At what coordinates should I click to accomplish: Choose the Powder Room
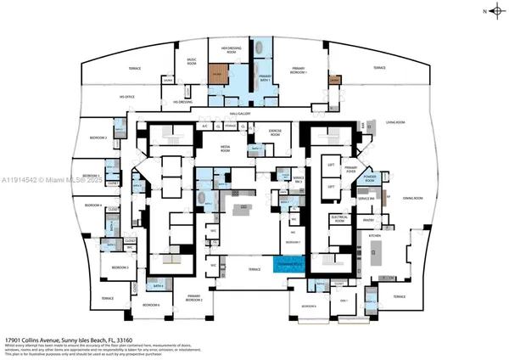tap(370, 179)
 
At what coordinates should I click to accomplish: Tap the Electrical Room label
tap(340, 217)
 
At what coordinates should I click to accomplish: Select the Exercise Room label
tap(275, 132)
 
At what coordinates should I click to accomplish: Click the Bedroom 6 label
tap(151, 304)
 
